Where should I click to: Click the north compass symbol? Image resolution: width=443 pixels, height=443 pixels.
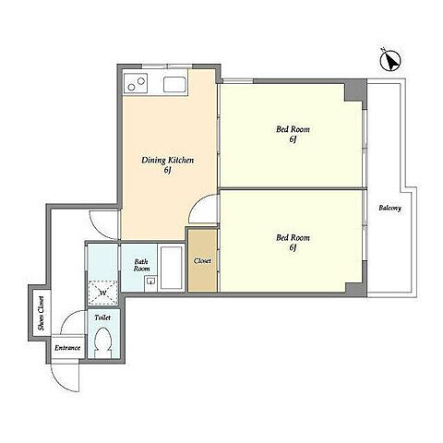[390, 61]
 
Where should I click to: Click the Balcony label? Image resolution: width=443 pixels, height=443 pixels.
[389, 208]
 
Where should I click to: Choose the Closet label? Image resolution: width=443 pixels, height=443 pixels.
[202, 261]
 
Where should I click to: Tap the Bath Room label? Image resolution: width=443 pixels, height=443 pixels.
[141, 265]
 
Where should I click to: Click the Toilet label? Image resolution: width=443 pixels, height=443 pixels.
[102, 317]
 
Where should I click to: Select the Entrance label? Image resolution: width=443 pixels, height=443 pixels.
[67, 348]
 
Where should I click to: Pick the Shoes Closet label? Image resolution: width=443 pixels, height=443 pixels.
[41, 313]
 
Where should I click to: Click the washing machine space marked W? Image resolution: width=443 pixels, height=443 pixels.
[102, 293]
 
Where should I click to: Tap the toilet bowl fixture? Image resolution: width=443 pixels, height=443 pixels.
[103, 342]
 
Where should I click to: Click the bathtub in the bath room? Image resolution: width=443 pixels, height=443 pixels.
[171, 268]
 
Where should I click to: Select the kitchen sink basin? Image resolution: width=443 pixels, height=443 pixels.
[174, 84]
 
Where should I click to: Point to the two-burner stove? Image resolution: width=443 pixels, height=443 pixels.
[136, 83]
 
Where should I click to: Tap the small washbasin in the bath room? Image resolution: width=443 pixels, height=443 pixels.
[150, 281]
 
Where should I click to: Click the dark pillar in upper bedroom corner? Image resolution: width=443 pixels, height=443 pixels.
[355, 91]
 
